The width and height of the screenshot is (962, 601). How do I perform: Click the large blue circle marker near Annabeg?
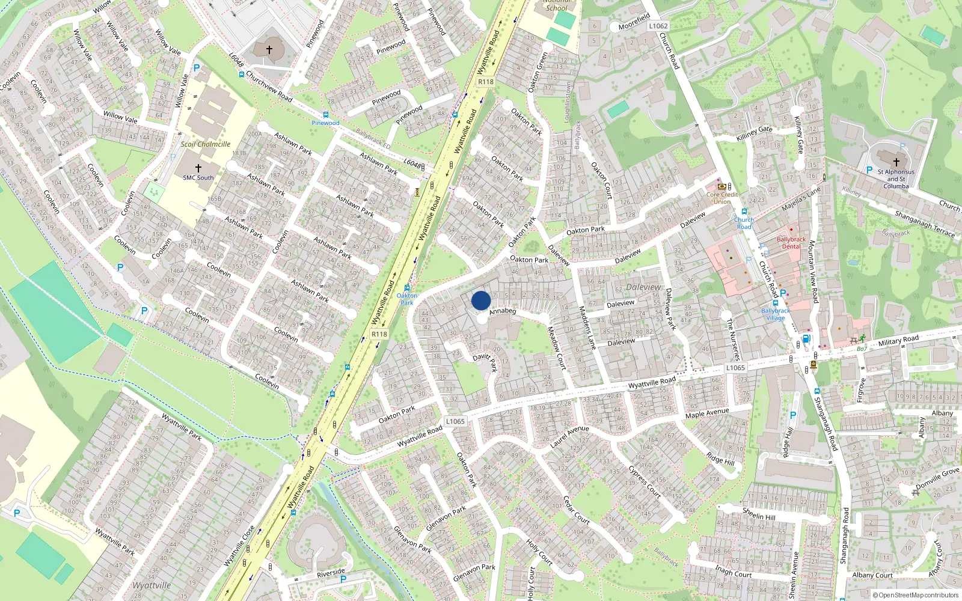point(481,300)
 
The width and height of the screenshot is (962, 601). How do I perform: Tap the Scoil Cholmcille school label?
point(206,144)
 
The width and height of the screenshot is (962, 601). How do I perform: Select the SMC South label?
point(198,178)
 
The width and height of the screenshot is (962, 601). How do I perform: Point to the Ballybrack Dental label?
point(791,243)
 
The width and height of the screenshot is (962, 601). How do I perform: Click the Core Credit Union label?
point(722,198)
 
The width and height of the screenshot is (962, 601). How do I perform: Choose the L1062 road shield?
point(658,26)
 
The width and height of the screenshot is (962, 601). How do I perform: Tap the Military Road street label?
point(898,341)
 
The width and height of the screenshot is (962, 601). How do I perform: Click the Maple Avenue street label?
point(707,413)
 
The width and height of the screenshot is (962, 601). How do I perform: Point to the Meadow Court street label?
point(557,347)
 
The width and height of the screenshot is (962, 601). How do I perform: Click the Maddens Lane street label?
point(587,328)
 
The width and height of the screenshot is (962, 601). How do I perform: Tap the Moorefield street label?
point(634,22)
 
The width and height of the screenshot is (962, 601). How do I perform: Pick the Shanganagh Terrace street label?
point(925,224)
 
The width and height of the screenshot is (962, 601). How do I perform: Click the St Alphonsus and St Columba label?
point(896,178)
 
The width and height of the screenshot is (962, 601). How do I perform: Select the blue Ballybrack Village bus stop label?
point(776,314)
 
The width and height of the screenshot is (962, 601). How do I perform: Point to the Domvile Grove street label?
point(937,478)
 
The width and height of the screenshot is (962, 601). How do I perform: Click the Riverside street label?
point(331,573)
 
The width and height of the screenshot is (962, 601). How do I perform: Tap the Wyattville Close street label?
point(239,546)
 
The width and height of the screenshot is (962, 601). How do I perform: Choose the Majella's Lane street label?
point(801,199)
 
